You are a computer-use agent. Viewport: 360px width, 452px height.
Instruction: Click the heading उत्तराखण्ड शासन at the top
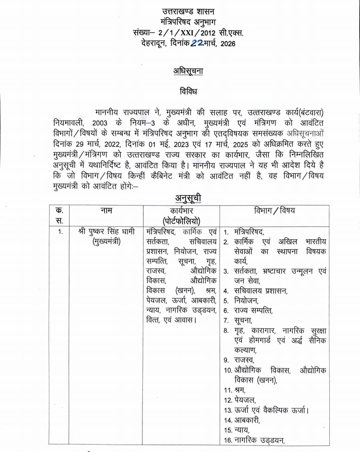pyautogui.click(x=188, y=11)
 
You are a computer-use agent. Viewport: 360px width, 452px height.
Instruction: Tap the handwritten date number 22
pyautogui.click(x=197, y=43)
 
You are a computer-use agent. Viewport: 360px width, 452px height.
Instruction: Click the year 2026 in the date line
pyautogui.click(x=228, y=44)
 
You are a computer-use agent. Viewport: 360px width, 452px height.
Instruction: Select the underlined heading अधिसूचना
pyautogui.click(x=188, y=71)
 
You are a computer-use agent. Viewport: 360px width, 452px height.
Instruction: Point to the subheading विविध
pyautogui.click(x=188, y=91)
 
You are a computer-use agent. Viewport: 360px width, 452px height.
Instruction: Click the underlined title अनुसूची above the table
pyautogui.click(x=188, y=198)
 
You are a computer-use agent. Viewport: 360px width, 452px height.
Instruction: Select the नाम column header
pyautogui.click(x=106, y=210)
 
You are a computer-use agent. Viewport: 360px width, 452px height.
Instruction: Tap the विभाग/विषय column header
pyautogui.click(x=274, y=210)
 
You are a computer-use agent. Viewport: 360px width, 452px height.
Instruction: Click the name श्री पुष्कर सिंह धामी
pyautogui.click(x=106, y=231)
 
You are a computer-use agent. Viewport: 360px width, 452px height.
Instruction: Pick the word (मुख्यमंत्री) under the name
pyautogui.click(x=106, y=241)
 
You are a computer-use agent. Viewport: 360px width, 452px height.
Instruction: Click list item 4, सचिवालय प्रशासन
pyautogui.click(x=261, y=291)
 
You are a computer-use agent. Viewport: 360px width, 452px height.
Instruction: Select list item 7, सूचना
pyautogui.click(x=243, y=320)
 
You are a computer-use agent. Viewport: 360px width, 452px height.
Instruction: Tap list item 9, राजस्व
pyautogui.click(x=244, y=360)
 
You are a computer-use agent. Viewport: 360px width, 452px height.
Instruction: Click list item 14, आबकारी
pyautogui.click(x=247, y=420)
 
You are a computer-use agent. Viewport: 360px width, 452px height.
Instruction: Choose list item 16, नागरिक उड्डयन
pyautogui.click(x=259, y=440)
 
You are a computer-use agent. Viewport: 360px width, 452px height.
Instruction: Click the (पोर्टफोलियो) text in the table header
pyautogui.click(x=181, y=221)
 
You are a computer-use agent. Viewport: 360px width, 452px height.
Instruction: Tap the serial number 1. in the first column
pyautogui.click(x=60, y=232)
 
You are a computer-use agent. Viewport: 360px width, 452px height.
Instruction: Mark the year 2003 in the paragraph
pyautogui.click(x=100, y=123)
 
